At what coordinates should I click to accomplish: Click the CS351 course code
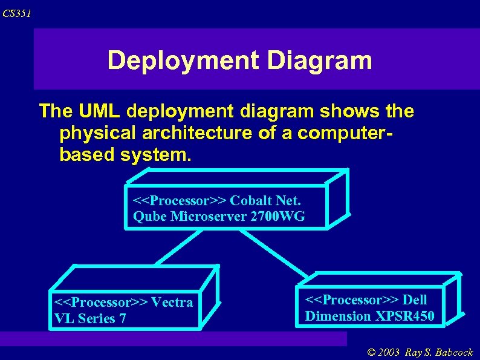pyautogui.click(x=16, y=13)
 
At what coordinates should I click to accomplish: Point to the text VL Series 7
pyautogui.click(x=90, y=318)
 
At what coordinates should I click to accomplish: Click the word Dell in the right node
pyautogui.click(x=415, y=300)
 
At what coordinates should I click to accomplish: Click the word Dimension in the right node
pyautogui.click(x=338, y=315)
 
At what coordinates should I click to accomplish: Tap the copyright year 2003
pyautogui.click(x=388, y=352)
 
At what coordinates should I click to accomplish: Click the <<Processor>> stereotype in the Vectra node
pyautogui.click(x=101, y=303)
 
